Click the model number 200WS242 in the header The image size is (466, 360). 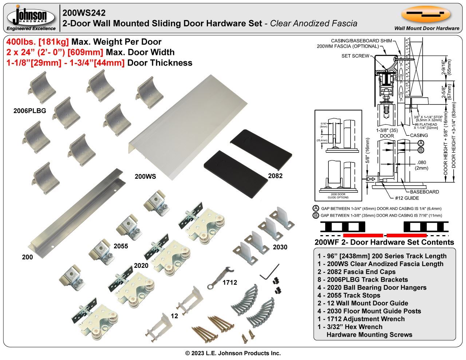click(x=84, y=13)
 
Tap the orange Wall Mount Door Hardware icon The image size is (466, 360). click(x=426, y=15)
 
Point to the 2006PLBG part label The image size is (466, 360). click(x=30, y=111)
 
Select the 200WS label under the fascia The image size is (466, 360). click(x=145, y=177)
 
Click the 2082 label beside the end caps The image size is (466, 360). click(x=275, y=176)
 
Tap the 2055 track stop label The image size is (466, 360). click(x=121, y=246)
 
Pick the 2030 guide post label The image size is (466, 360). click(x=280, y=247)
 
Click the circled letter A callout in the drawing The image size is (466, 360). click(x=420, y=143)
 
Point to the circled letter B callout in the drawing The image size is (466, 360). click(x=420, y=150)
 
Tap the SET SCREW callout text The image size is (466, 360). click(x=355, y=56)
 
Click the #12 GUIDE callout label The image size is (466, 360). click(x=407, y=198)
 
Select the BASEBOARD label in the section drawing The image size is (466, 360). click(x=424, y=192)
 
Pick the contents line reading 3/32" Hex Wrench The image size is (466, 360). click(x=350, y=327)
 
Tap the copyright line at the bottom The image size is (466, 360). click(x=233, y=353)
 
